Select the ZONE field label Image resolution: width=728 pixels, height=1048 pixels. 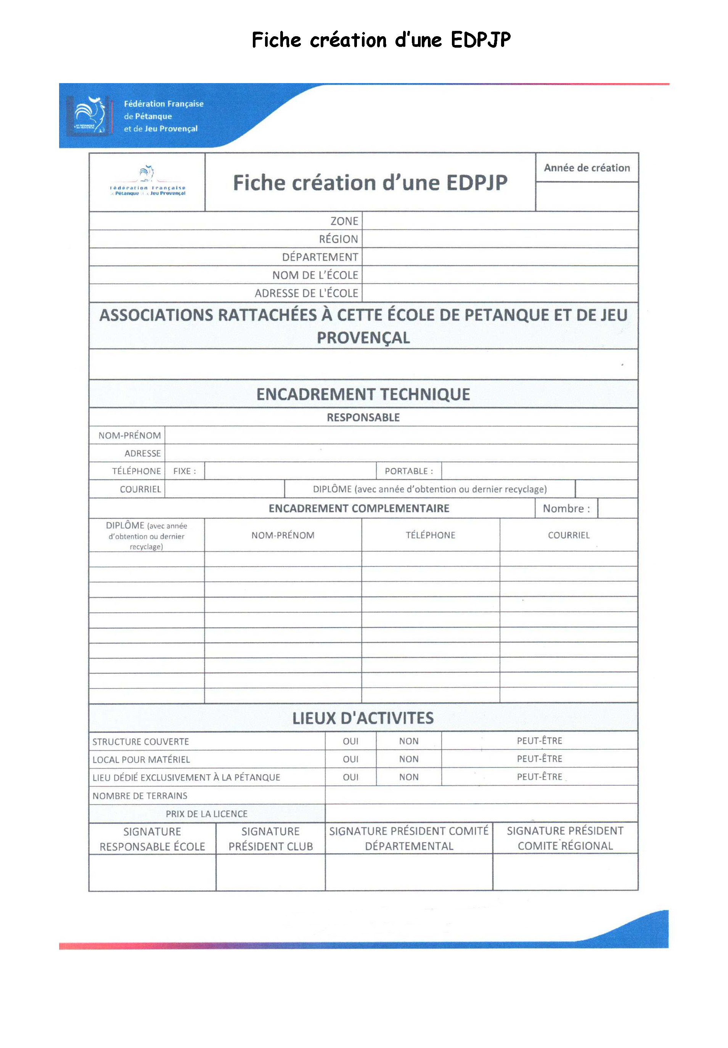click(x=344, y=221)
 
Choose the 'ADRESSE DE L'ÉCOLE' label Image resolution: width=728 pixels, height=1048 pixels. click(x=306, y=293)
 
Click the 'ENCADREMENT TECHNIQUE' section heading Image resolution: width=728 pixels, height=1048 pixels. click(x=363, y=394)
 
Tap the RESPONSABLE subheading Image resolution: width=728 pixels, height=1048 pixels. click(x=363, y=417)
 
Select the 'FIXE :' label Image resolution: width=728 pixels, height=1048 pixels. click(x=184, y=471)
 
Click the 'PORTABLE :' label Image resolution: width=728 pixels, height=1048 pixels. click(x=409, y=471)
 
